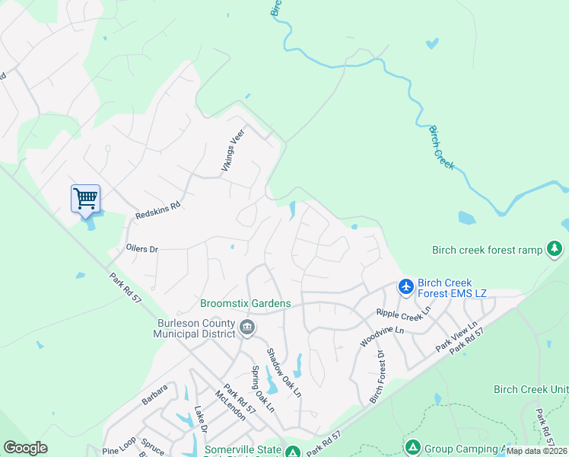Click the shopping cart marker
(x=85, y=199)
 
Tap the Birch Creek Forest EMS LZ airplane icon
(x=405, y=286)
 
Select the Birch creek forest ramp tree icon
(x=555, y=248)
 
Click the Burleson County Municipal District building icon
(x=247, y=328)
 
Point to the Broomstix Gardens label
(x=245, y=303)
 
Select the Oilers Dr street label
(x=142, y=249)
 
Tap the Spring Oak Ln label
(x=262, y=389)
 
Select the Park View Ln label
(x=456, y=336)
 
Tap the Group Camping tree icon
(x=412, y=447)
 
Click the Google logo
(x=25, y=448)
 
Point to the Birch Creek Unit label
(x=531, y=389)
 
